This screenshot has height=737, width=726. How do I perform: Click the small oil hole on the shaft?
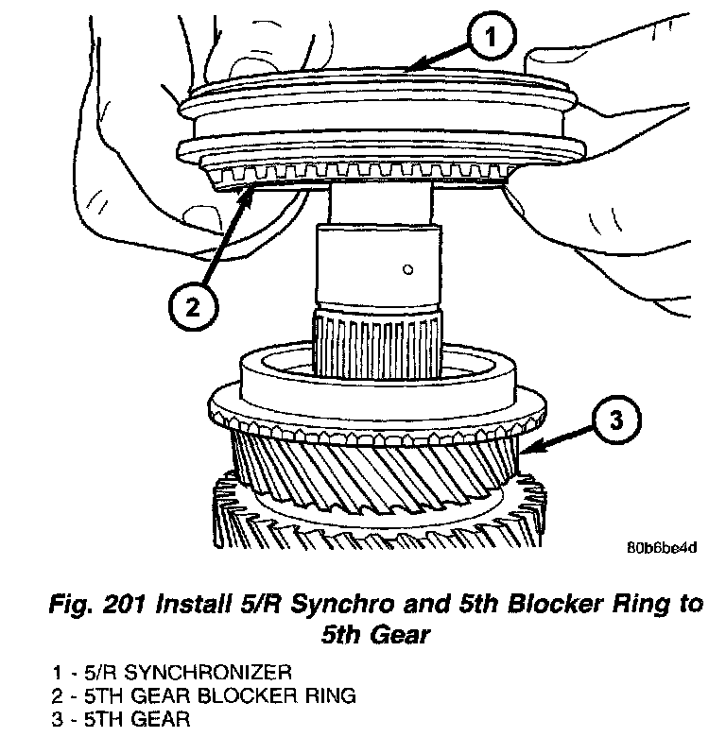406,269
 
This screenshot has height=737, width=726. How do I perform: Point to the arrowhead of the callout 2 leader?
251,190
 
